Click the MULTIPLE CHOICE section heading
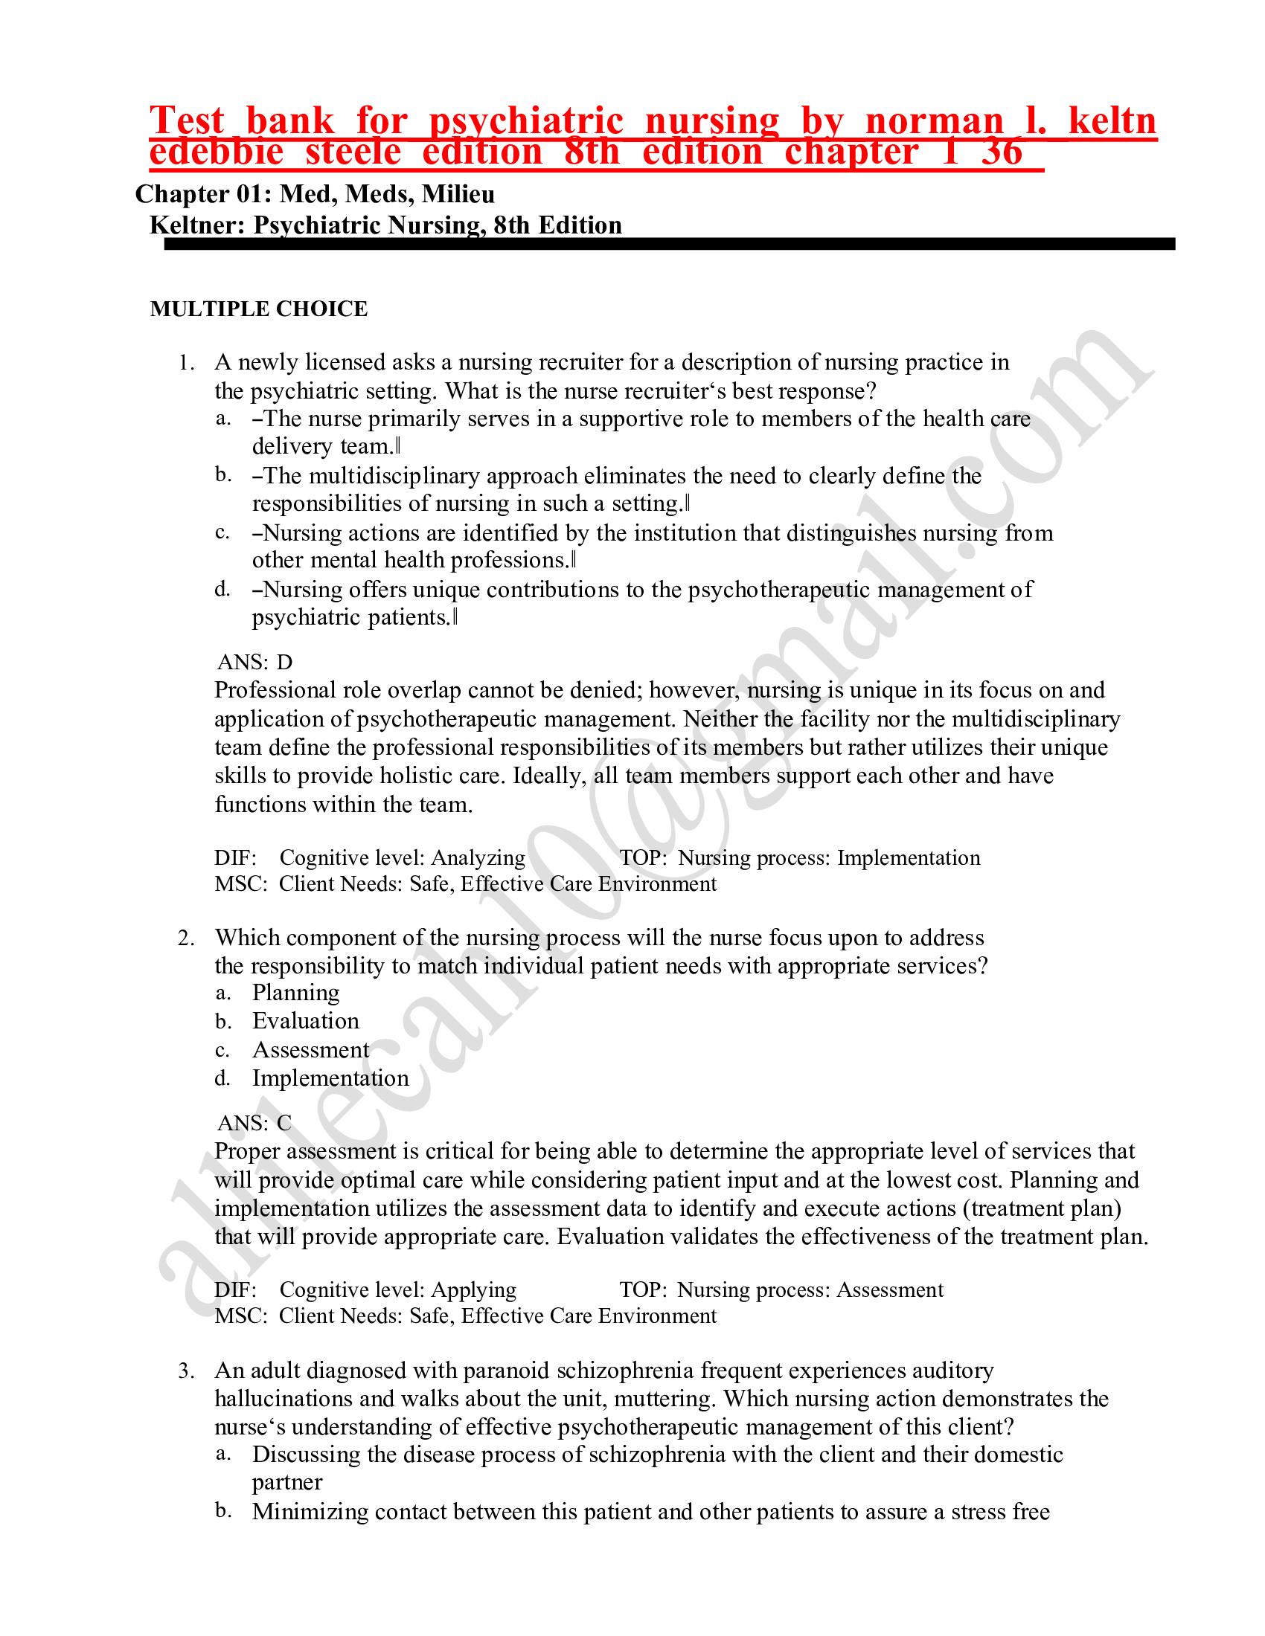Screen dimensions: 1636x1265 coord(258,309)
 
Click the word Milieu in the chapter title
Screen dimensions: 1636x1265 coord(458,194)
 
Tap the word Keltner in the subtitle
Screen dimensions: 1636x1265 coord(197,225)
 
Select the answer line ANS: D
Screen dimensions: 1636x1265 coord(254,662)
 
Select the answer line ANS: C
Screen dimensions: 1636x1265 coord(254,1123)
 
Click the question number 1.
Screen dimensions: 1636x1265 coord(186,363)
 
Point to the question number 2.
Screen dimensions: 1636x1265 coord(186,938)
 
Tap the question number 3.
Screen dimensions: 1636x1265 coord(186,1371)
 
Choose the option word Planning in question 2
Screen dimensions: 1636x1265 coord(296,993)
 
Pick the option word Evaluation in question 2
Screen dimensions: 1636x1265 coord(306,1021)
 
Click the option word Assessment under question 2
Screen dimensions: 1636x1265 coord(311,1050)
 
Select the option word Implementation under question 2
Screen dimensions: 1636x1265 coord(330,1079)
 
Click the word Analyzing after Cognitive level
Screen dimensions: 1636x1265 coord(478,857)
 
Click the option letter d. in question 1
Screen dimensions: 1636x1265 coord(222,590)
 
